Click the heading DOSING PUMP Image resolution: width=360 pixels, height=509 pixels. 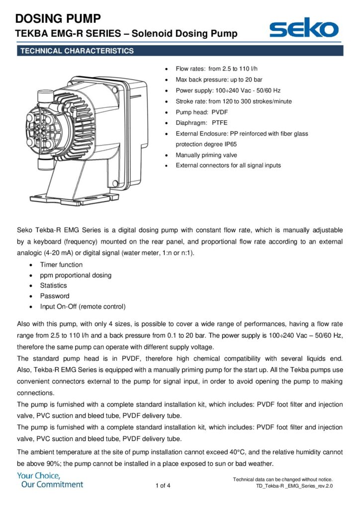pyautogui.click(x=58, y=18)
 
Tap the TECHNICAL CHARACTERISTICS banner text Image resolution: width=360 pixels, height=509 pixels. pyautogui.click(x=77, y=51)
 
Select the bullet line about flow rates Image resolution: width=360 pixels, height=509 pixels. pyautogui.click(x=216, y=69)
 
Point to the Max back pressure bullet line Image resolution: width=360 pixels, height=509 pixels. pyautogui.click(x=219, y=80)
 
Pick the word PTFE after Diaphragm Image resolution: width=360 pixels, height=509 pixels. pyautogui.click(x=219, y=123)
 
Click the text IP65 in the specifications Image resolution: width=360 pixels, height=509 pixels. pyautogui.click(x=231, y=144)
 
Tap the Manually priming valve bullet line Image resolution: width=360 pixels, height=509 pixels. pyautogui.click(x=206, y=155)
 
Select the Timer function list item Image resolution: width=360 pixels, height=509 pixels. pyautogui.click(x=61, y=264)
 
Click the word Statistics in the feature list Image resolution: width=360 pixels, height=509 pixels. pyautogui.click(x=53, y=285)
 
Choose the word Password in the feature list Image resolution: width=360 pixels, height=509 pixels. pyautogui.click(x=55, y=296)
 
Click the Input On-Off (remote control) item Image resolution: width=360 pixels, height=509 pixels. pyautogui.click(x=83, y=306)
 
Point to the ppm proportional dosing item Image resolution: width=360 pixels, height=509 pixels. pyautogui.click(x=76, y=275)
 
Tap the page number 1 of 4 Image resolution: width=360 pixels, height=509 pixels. pyautogui.click(x=163, y=486)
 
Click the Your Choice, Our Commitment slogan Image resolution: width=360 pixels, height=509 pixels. pyautogui.click(x=50, y=480)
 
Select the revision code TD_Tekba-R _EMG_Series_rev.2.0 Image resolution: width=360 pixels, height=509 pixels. pyautogui.click(x=294, y=486)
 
